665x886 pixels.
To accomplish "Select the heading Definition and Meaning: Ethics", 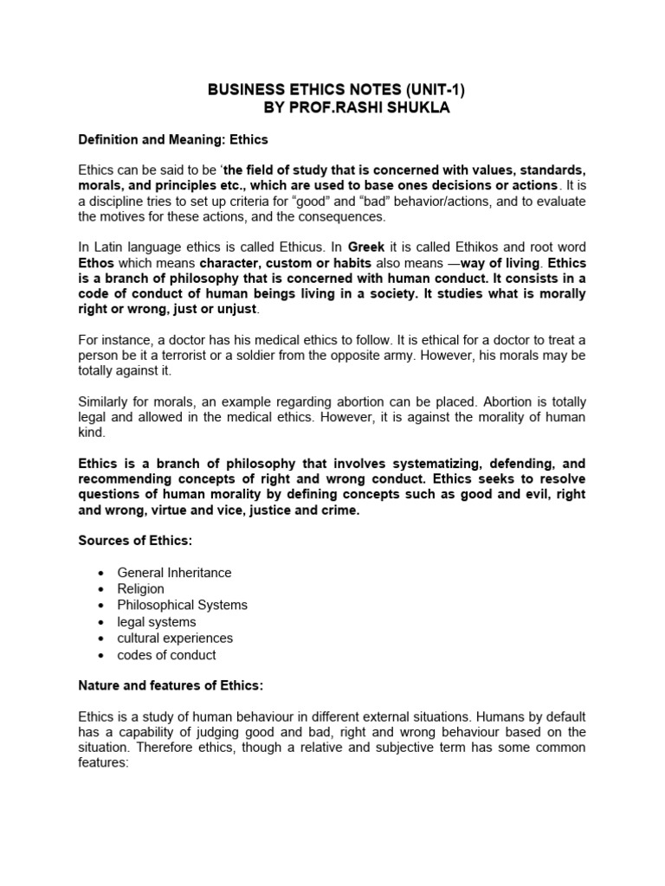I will [174, 138].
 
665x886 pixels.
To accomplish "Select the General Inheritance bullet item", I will [174, 573].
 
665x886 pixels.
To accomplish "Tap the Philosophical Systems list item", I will [182, 606].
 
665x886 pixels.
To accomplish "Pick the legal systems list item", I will [157, 622].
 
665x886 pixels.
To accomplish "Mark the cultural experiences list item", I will [175, 639].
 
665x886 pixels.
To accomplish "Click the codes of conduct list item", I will [166, 655].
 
